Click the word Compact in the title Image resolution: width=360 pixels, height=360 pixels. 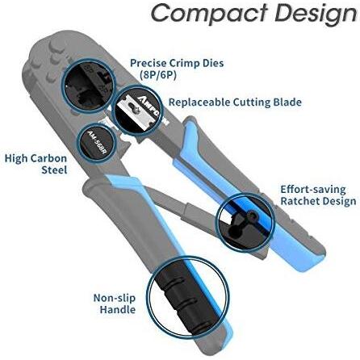pyautogui.click(x=210, y=14)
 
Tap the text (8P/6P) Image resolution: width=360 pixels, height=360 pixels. pyautogui.click(x=158, y=75)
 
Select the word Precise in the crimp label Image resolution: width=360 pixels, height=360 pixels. pyautogui.click(x=149, y=63)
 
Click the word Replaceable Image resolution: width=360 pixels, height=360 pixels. pyautogui.click(x=199, y=103)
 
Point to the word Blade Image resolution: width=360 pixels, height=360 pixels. pyautogui.click(x=287, y=103)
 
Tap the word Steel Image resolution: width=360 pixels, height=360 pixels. pyautogui.click(x=54, y=170)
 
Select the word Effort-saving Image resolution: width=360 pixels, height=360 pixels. pyautogui.click(x=313, y=190)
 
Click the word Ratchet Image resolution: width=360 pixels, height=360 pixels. pyautogui.click(x=299, y=201)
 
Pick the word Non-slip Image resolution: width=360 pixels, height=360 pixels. pyautogui.click(x=115, y=298)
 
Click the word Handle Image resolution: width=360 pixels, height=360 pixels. pyautogui.click(x=118, y=309)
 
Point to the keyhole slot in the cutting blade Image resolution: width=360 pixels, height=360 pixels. pyautogui.click(x=132, y=107)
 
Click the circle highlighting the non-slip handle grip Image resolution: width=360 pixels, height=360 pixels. pyautogui.click(x=148, y=296)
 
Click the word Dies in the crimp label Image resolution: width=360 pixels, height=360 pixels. pyautogui.click(x=213, y=63)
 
